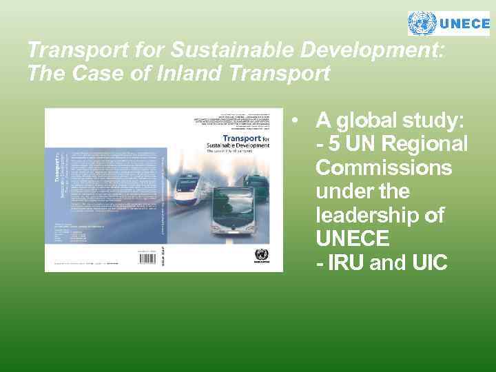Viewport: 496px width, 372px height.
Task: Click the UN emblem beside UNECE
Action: click(422, 23)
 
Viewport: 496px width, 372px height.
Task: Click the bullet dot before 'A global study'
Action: click(294, 121)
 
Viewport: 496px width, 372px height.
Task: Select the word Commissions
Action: click(384, 168)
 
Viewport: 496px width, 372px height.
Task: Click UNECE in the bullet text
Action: click(353, 238)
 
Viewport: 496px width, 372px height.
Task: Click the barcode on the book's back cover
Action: click(149, 258)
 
